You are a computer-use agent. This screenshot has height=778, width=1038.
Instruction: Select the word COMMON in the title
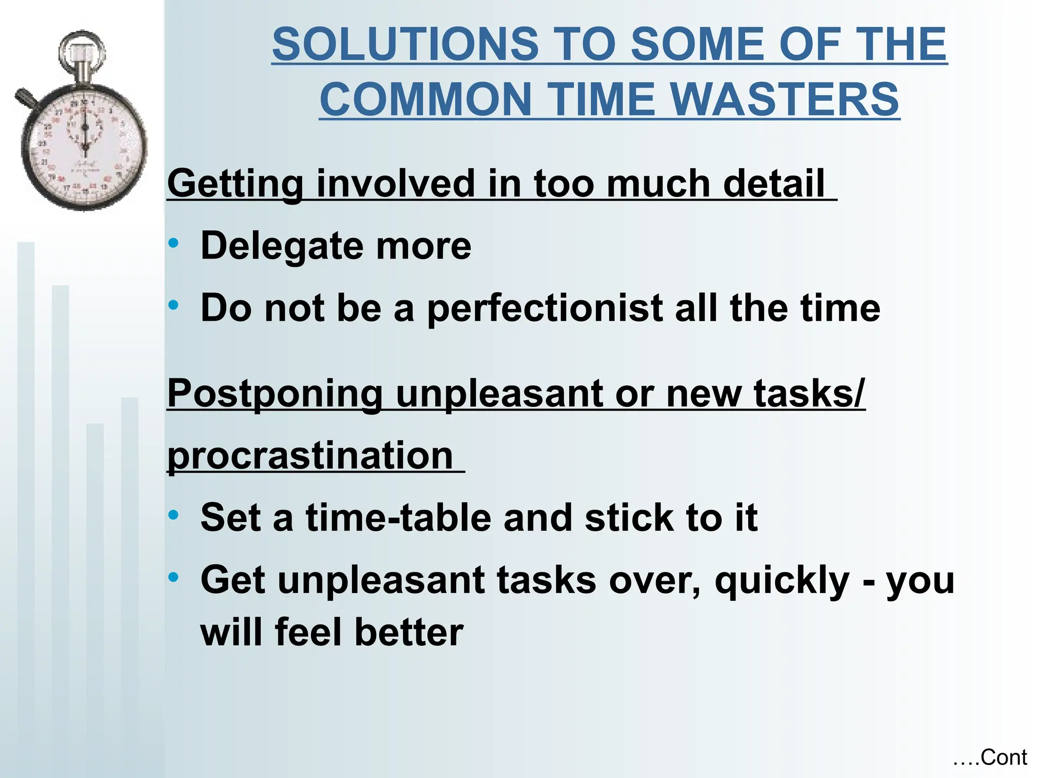pyautogui.click(x=426, y=99)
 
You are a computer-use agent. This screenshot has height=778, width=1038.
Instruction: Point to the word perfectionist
pyautogui.click(x=545, y=309)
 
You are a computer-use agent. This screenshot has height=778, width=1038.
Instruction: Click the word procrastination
pyautogui.click(x=310, y=456)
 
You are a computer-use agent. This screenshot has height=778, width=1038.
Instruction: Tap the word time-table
pyautogui.click(x=398, y=518)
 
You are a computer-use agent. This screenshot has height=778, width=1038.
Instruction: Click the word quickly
pyautogui.click(x=782, y=581)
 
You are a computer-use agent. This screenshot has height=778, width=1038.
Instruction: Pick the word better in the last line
pyautogui.click(x=409, y=633)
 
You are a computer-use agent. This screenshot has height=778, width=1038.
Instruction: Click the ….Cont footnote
pyautogui.click(x=989, y=758)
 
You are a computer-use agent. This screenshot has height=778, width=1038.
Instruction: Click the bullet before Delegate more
pyautogui.click(x=174, y=243)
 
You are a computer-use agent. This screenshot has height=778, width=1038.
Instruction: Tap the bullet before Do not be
pyautogui.click(x=174, y=305)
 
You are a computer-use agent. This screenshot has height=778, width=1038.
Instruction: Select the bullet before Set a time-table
pyautogui.click(x=174, y=515)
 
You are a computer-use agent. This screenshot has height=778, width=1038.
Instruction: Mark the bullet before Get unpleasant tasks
pyautogui.click(x=174, y=577)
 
